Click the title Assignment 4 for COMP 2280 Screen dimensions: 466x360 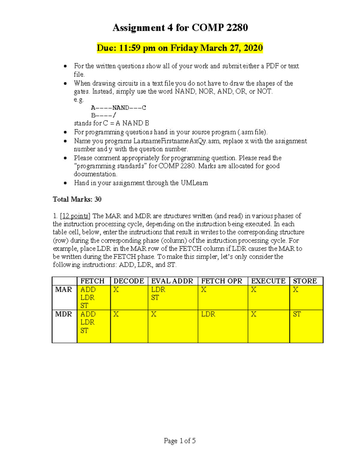click(180, 28)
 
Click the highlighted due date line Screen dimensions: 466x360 click(180, 48)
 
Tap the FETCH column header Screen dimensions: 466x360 click(92, 281)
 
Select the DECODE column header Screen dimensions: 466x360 click(129, 281)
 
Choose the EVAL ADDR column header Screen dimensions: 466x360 click(172, 281)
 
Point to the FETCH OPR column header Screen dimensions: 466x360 click(221, 281)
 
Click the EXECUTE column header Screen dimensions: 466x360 click(268, 281)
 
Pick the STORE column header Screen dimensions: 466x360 click(305, 281)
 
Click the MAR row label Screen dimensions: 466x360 click(64, 290)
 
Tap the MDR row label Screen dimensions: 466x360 click(64, 314)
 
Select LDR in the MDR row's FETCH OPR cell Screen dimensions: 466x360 click(208, 314)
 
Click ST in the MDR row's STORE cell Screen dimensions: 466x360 click(297, 314)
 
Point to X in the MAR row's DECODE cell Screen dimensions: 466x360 click(116, 290)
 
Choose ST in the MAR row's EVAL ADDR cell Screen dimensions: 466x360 click(155, 298)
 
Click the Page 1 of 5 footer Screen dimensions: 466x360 click(180, 441)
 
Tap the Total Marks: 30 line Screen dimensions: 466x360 click(77, 199)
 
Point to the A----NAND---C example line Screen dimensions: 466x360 click(118, 108)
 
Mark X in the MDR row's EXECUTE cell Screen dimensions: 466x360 click(254, 314)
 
